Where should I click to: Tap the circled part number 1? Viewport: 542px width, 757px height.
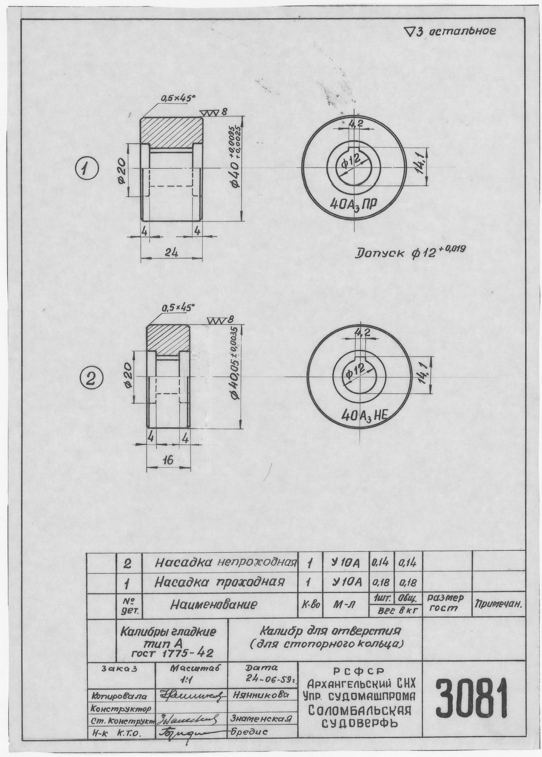87,168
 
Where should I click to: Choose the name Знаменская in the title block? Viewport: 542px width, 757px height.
261,718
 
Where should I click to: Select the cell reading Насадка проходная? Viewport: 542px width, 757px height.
219,582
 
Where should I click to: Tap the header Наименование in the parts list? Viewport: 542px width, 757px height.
214,604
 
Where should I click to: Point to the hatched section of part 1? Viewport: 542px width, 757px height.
172,131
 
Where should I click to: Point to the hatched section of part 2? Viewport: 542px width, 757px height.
168,339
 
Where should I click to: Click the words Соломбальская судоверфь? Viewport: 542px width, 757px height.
360,717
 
